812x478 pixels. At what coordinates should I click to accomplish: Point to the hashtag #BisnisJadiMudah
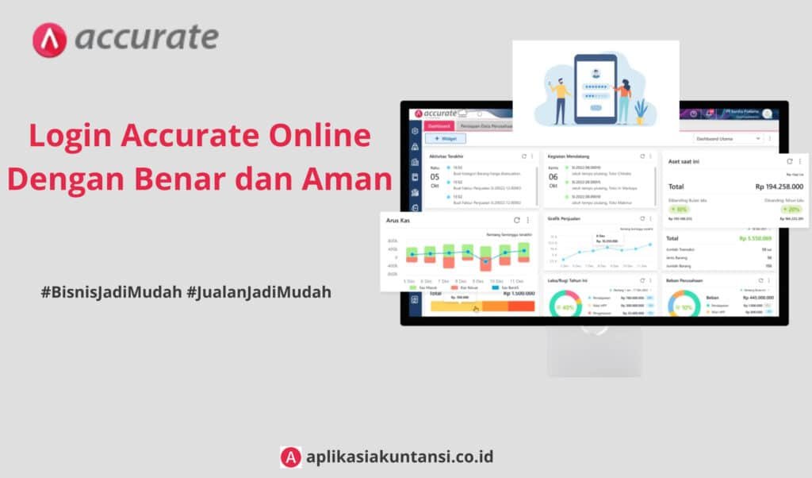click(x=110, y=291)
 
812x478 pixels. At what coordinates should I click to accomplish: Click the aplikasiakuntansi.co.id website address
click(x=399, y=457)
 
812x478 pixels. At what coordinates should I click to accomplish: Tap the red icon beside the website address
click(x=290, y=457)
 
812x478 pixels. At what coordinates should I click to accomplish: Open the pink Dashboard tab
click(x=439, y=125)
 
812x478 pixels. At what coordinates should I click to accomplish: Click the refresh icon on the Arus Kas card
click(x=516, y=220)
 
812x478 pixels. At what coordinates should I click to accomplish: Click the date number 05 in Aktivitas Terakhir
click(x=435, y=176)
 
